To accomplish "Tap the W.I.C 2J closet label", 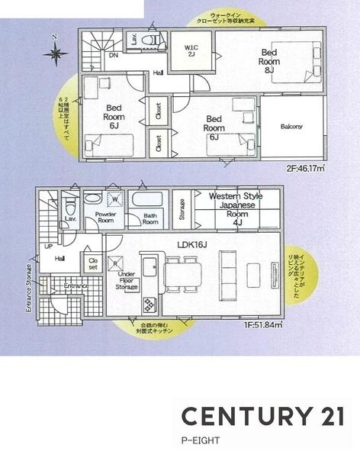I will pyautogui.click(x=191, y=50).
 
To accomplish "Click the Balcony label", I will pyautogui.click(x=291, y=126).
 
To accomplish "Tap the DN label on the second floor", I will pyautogui.click(x=113, y=56).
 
